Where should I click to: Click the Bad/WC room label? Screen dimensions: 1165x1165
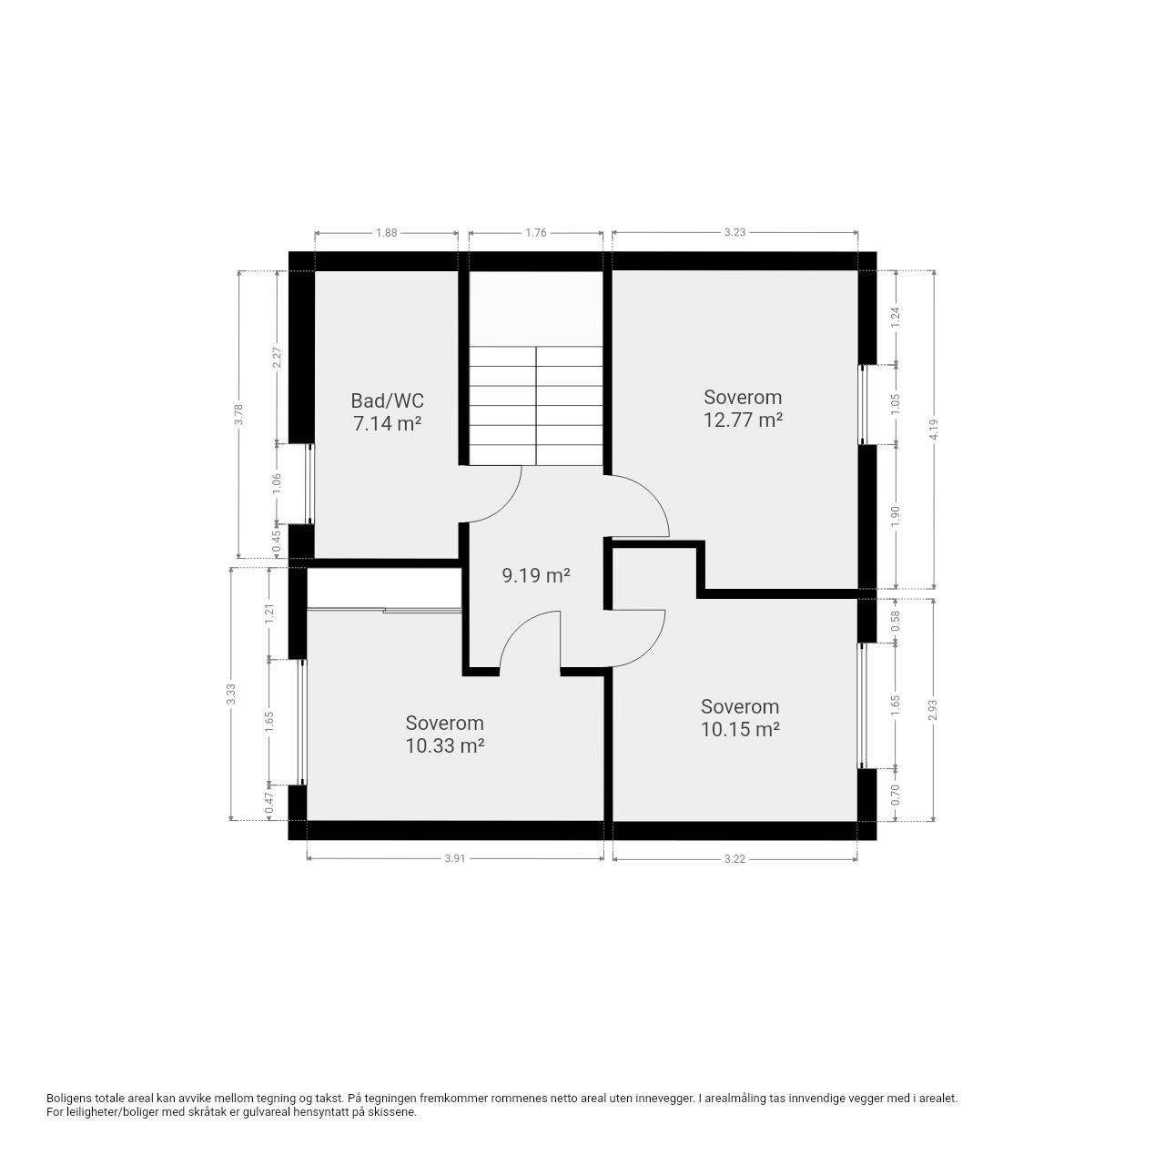387,400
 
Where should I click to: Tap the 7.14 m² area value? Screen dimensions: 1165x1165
387,423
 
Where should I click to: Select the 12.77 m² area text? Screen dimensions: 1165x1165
743,420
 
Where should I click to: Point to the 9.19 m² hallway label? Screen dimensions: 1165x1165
536,575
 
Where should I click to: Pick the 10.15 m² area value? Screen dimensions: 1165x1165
740,730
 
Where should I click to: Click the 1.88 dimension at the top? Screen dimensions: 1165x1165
386,233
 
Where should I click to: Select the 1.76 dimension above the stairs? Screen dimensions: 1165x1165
536,233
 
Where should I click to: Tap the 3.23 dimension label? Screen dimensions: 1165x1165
734,232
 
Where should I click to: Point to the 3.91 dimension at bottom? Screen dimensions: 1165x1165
455,858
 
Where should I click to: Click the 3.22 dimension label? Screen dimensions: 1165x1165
734,858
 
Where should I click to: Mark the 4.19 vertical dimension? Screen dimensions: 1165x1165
935,430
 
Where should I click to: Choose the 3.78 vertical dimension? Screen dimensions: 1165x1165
238,415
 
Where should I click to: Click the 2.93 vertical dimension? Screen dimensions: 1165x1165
935,710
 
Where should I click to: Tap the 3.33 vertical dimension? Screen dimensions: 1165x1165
229,694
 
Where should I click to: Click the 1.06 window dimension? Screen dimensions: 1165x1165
277,483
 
